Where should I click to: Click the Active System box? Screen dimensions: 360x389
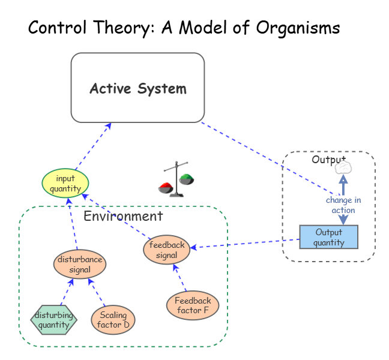[x=137, y=88]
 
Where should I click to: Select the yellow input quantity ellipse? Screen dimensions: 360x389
[x=65, y=183]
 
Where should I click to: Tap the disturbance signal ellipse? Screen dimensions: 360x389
[x=80, y=264]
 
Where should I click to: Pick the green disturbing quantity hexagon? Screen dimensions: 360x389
[x=54, y=320]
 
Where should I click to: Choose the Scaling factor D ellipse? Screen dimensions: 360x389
[x=113, y=320]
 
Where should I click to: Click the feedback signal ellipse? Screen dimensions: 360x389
[x=167, y=250]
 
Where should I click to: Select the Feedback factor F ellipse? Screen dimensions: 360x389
[x=193, y=305]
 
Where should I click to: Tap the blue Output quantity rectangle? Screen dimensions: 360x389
[x=328, y=237]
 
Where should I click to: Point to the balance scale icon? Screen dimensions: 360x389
[x=176, y=179]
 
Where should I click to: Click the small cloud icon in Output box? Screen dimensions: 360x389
[x=343, y=168]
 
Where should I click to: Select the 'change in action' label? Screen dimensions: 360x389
[x=343, y=205]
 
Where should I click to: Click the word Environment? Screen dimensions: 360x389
[x=123, y=217]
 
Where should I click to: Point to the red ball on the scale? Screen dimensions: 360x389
[x=166, y=187]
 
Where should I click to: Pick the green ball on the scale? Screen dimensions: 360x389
[x=187, y=178]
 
